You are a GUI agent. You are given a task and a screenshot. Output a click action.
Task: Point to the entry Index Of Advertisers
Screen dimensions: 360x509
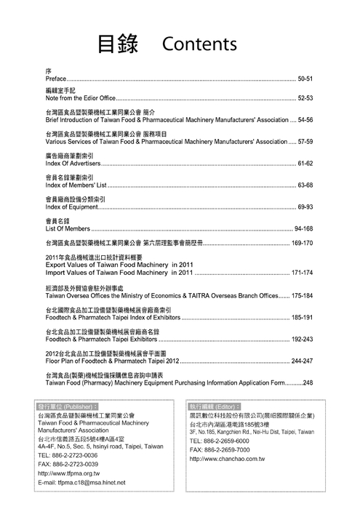[x=72, y=165]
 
